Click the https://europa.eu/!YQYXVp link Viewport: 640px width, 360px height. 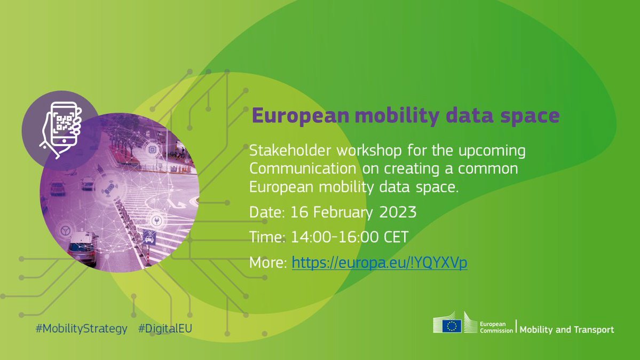click(x=380, y=262)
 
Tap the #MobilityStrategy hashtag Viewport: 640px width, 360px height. click(x=82, y=328)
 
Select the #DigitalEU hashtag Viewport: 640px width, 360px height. click(x=165, y=328)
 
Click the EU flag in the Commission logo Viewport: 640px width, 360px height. click(x=452, y=326)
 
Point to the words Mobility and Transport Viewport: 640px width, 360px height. click(x=566, y=330)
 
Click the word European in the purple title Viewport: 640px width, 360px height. click(x=301, y=116)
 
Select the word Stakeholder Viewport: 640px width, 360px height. click(x=290, y=151)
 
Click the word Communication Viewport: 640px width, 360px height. click(x=303, y=168)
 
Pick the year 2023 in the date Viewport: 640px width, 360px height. click(x=398, y=212)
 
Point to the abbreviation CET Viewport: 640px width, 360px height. click(x=396, y=237)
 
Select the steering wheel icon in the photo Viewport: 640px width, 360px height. click(x=65, y=231)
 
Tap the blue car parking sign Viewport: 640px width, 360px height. click(x=149, y=237)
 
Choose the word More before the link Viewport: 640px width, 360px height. click(x=268, y=262)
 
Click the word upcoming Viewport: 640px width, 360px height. click(x=492, y=151)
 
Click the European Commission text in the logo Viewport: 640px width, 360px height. click(x=496, y=327)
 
